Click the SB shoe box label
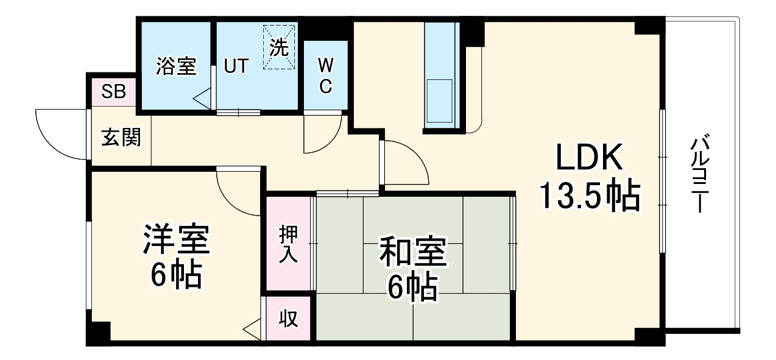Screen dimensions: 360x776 click(113, 91)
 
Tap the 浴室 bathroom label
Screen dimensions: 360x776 click(176, 66)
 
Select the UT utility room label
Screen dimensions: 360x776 click(235, 66)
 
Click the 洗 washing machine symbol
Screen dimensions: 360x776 click(280, 48)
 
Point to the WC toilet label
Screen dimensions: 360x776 click(326, 75)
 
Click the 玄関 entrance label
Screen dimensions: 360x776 click(121, 138)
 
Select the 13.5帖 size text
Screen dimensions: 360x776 click(589, 196)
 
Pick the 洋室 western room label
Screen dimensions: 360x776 click(176, 241)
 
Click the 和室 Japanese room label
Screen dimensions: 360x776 click(413, 253)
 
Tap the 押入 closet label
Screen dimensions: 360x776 click(289, 244)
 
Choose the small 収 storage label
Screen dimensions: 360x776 click(289, 319)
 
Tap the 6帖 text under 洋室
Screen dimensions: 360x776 click(176, 275)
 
